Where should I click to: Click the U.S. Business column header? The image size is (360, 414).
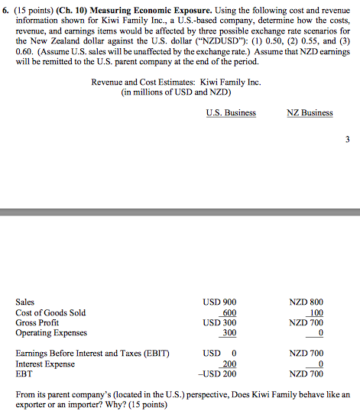(x=231, y=113)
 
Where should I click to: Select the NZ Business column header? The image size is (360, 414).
(x=310, y=113)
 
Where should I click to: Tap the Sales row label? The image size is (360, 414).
(x=25, y=302)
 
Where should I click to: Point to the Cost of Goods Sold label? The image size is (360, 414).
(x=50, y=312)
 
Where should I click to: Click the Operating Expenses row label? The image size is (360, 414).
(x=51, y=332)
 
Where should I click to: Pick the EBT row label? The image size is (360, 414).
(x=23, y=374)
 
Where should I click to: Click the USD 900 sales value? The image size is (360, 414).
(x=220, y=302)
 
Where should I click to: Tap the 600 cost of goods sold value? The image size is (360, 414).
(x=227, y=312)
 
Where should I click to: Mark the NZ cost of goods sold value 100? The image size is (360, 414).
(x=315, y=312)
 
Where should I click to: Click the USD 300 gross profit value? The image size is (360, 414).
(x=220, y=322)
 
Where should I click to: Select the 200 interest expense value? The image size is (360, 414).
(x=227, y=364)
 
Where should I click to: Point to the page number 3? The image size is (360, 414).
(x=348, y=141)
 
